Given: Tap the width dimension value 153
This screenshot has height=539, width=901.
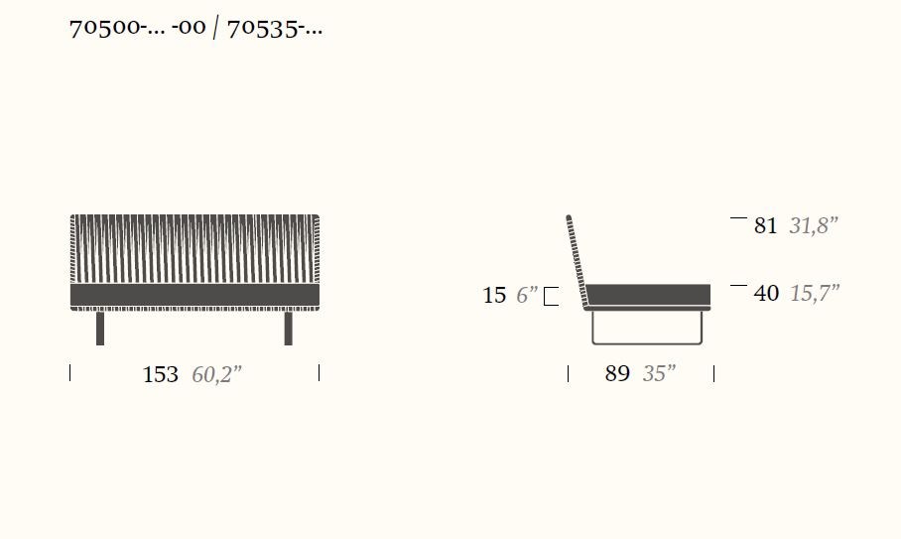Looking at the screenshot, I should click(x=161, y=374).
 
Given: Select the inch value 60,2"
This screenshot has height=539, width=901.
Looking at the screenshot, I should click(x=216, y=374).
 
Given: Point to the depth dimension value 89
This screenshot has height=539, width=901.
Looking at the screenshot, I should click(x=617, y=374).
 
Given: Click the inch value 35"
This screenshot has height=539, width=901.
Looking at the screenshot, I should click(x=659, y=374).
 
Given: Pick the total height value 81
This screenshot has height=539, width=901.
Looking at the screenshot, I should click(x=765, y=226).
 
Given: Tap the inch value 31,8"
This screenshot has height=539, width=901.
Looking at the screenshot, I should click(x=814, y=226).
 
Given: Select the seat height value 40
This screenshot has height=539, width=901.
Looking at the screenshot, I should click(x=765, y=294).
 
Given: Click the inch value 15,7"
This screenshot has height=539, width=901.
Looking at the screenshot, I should click(x=815, y=294).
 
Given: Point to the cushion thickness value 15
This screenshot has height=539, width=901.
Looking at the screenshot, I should click(x=494, y=296).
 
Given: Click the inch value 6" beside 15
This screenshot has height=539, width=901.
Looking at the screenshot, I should click(x=527, y=296).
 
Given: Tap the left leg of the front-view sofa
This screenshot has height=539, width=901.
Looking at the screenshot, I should click(x=100, y=329).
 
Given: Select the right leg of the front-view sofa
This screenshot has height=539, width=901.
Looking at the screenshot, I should click(x=289, y=329).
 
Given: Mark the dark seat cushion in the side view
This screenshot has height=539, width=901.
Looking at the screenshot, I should click(x=648, y=294).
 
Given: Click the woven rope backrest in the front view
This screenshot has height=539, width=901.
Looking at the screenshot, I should click(x=194, y=248).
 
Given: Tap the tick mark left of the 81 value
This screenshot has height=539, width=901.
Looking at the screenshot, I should click(x=737, y=217).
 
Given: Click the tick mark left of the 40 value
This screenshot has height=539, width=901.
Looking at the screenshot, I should click(x=737, y=286).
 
